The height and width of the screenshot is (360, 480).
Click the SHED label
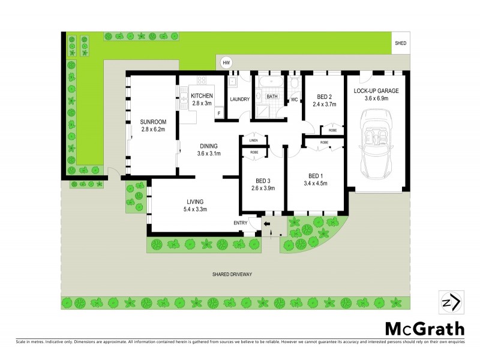[400, 44]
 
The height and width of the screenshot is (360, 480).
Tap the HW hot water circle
[226, 63]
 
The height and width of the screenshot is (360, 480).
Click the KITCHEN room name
[202, 95]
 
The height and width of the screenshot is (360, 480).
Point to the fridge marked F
[219, 113]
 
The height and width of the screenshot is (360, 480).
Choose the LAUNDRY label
[239, 99]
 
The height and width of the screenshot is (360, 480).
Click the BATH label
[272, 96]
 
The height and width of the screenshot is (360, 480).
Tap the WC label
[295, 99]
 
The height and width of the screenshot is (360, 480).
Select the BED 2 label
[326, 97]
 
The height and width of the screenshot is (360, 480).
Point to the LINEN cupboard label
[254, 140]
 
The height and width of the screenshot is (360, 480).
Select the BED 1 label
[316, 175]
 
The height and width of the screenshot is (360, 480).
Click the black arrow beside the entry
[267, 224]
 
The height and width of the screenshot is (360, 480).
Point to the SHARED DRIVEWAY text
[232, 274]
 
